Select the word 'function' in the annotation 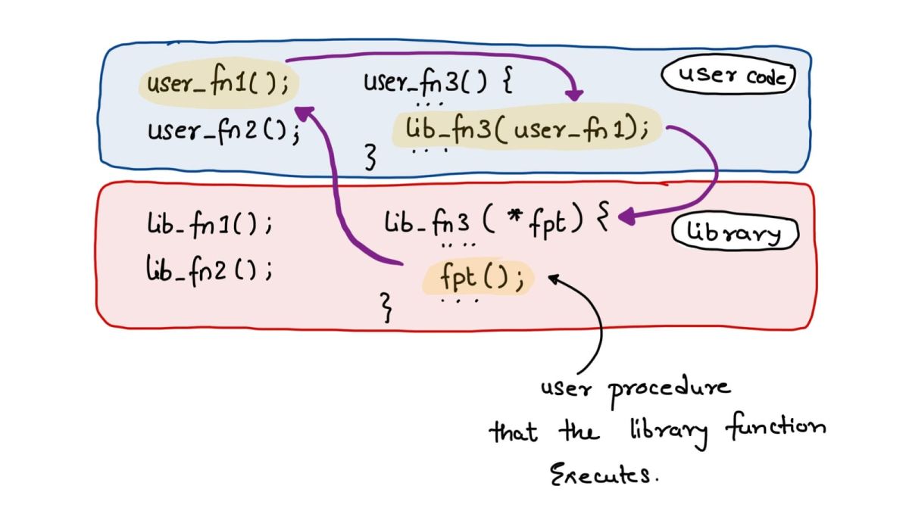click(774, 428)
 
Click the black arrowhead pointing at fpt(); click(553, 279)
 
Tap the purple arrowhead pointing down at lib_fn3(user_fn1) click(575, 95)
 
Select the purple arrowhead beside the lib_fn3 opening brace click(626, 218)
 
